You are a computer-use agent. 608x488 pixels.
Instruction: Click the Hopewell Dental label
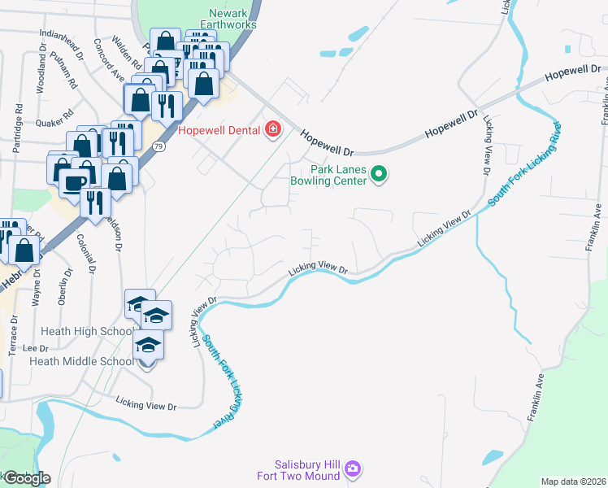tap(218, 129)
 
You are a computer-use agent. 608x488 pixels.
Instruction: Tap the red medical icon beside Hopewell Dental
tap(272, 129)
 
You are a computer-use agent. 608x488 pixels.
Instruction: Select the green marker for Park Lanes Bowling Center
tap(378, 173)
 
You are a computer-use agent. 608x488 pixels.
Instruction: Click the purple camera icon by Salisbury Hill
tap(353, 469)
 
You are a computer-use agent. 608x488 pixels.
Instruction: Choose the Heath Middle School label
tap(81, 361)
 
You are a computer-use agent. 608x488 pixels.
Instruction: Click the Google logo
tap(26, 478)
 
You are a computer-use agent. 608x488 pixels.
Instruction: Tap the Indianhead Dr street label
tap(62, 44)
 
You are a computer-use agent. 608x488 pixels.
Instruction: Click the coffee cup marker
tap(73, 181)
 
